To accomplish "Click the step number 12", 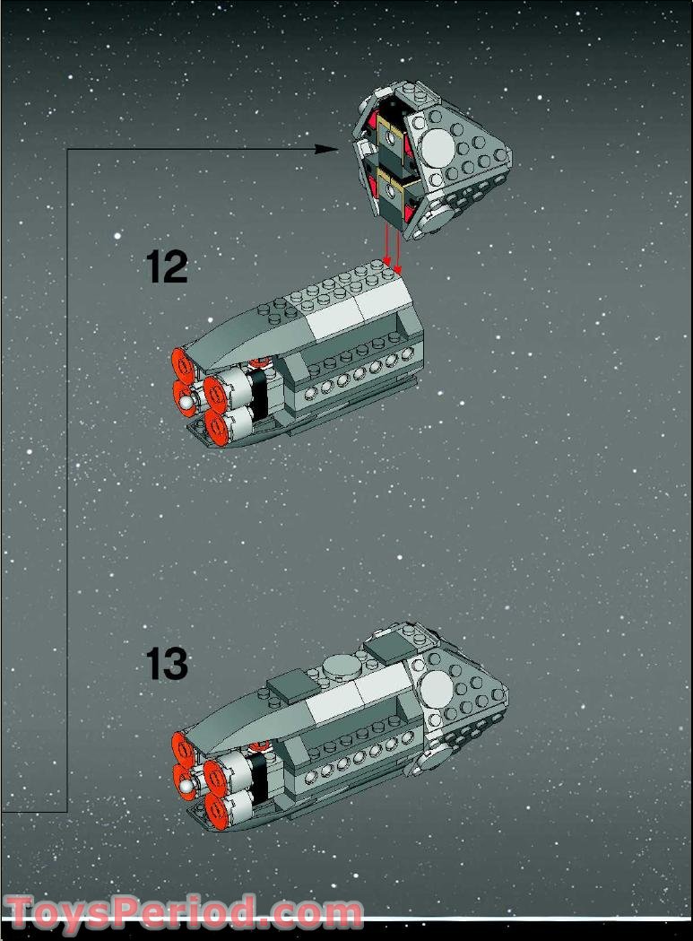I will pos(167,267).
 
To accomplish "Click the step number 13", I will pos(167,665).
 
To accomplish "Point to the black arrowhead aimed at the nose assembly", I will pos(330,150).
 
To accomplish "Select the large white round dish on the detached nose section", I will pos(436,144).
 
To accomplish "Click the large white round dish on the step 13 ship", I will pos(436,689).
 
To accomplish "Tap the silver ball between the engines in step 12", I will pos(186,405).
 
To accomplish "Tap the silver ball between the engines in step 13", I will pos(186,788).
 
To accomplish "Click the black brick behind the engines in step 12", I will pos(259,396).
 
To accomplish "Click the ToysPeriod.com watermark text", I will pos(184,913).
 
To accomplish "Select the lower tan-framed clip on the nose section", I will pos(393,188).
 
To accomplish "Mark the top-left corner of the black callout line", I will pos(68,150).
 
